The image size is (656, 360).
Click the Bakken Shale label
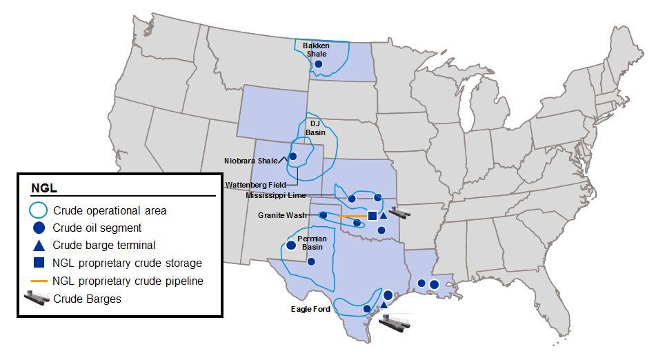[316, 50]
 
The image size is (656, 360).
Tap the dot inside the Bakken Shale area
[319, 64]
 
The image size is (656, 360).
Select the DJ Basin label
[315, 128]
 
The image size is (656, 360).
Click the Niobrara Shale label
[250, 161]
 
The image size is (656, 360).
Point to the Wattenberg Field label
[255, 185]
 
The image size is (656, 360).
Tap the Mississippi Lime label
[275, 195]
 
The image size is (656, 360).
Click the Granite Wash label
[282, 215]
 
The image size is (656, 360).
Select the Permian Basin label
[312, 242]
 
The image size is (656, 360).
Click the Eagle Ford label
[310, 310]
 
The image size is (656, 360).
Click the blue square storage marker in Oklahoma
[372, 216]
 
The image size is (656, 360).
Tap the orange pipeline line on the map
[352, 216]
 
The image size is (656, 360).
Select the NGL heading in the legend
[43, 188]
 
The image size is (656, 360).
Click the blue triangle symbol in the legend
[39, 245]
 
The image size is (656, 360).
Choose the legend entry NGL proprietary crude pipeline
[128, 281]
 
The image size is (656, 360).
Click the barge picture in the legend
[39, 299]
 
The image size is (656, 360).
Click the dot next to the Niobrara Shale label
[292, 157]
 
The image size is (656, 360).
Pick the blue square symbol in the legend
[39, 263]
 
